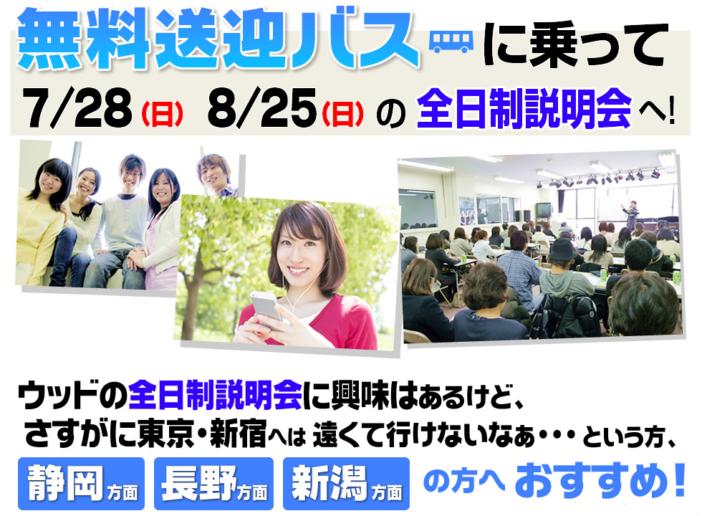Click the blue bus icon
tap(451, 42)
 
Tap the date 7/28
tap(77, 107)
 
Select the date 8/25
tap(262, 107)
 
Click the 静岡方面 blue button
tap(81, 484)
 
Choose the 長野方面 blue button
tap(213, 484)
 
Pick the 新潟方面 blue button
tap(346, 484)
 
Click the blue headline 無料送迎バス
tap(218, 39)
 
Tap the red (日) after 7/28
tap(162, 114)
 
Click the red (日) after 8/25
tap(342, 114)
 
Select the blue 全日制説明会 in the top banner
tap(524, 108)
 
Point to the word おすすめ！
tap(600, 482)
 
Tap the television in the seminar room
tap(544, 209)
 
